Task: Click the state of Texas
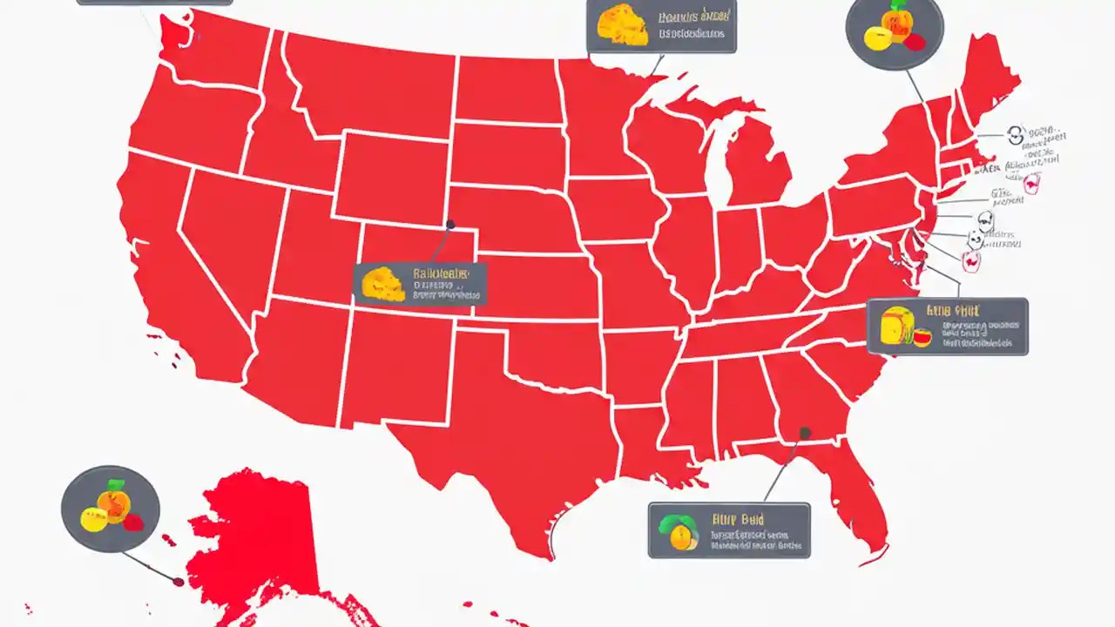pyautogui.click(x=488, y=435)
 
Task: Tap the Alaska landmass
pyautogui.click(x=253, y=540)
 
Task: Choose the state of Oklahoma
pyautogui.click(x=540, y=348)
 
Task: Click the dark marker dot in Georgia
pyautogui.click(x=805, y=433)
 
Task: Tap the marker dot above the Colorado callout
pyautogui.click(x=450, y=225)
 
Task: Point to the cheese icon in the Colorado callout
pyautogui.click(x=382, y=284)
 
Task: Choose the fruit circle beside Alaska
pyautogui.click(x=111, y=509)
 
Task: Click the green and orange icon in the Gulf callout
pyautogui.click(x=679, y=530)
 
